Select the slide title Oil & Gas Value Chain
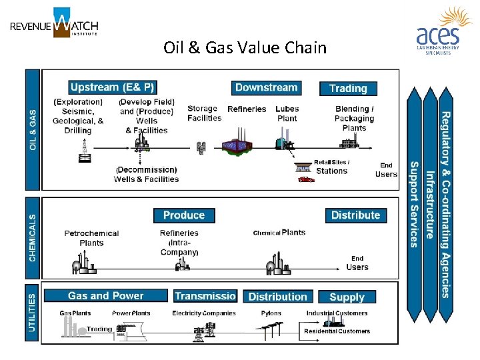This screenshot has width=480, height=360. [245, 48]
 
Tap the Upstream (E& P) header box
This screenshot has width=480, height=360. [112, 87]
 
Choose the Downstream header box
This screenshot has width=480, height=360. [266, 87]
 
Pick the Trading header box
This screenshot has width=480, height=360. [348, 88]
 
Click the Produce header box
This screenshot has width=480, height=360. [183, 215]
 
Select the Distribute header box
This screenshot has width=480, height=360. [355, 215]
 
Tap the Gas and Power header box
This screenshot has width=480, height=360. [106, 296]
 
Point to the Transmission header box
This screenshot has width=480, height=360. [205, 296]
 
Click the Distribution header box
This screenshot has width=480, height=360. [277, 297]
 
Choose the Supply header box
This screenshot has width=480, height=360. [347, 297]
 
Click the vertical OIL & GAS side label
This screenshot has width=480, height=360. [33, 129]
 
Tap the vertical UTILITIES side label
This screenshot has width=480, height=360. [33, 313]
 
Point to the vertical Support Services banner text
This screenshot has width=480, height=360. [414, 204]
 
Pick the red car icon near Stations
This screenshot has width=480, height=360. [306, 179]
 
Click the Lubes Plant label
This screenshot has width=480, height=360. [287, 113]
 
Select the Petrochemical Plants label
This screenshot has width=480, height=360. [91, 238]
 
